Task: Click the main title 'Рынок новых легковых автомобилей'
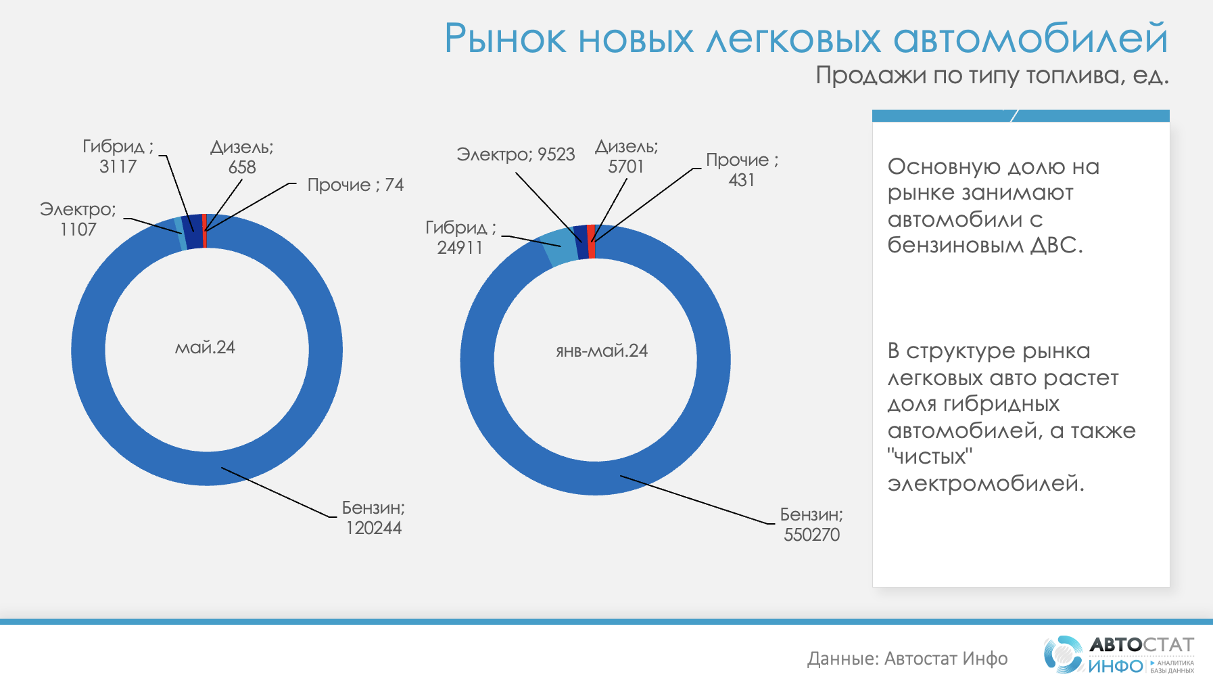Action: point(806,38)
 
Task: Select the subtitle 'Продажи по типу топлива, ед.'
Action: point(992,75)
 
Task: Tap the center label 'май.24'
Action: point(205,348)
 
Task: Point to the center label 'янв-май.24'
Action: point(602,351)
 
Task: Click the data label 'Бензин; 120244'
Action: point(373,518)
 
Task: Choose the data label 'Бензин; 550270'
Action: point(811,525)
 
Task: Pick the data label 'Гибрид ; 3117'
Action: point(118,156)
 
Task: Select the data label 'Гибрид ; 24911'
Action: point(460,238)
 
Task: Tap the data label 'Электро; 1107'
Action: point(78,219)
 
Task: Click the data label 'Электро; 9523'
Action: point(516,154)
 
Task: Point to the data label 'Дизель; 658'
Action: point(242,157)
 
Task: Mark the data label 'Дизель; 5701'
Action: point(626,156)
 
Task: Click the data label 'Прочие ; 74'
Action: point(356,185)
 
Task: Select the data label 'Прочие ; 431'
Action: point(742,170)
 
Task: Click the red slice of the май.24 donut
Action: point(204,231)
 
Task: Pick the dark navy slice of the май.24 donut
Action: point(193,231)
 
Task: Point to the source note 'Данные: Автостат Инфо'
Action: point(907,659)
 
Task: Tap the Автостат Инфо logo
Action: point(1119,655)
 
